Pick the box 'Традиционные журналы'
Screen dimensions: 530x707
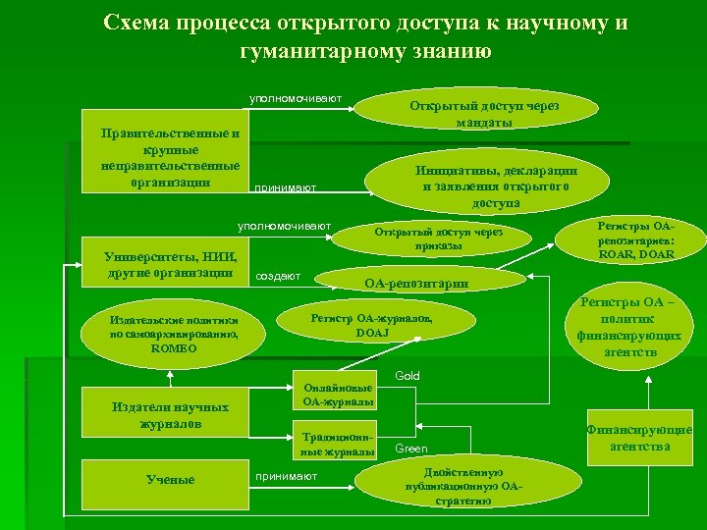pyautogui.click(x=337, y=444)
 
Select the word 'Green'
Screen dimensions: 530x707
pyautogui.click(x=410, y=449)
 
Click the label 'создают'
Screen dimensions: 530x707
pyautogui.click(x=277, y=276)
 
